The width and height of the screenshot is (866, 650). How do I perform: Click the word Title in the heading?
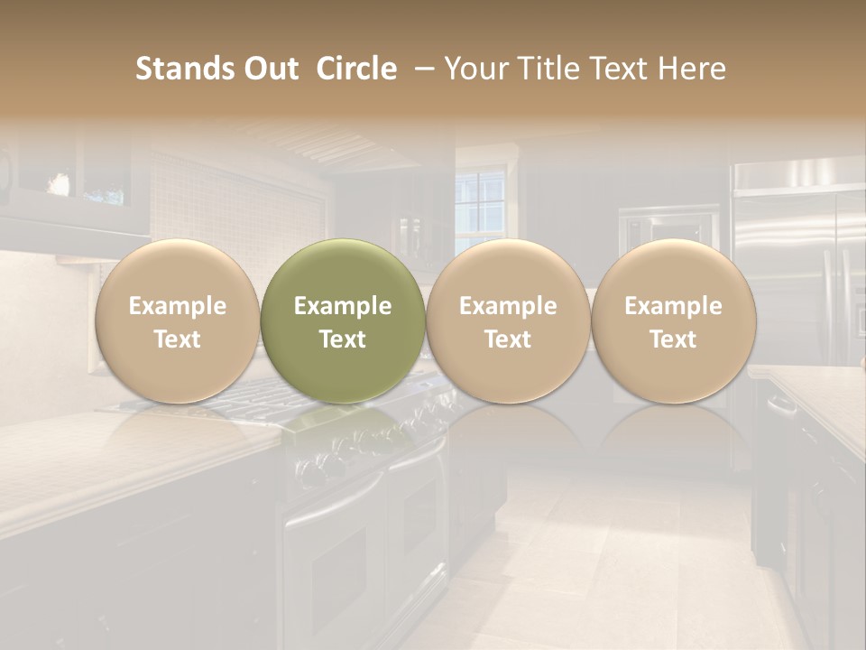tap(547, 69)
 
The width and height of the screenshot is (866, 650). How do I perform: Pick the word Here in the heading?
tap(694, 69)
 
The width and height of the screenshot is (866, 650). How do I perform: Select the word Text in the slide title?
tap(619, 69)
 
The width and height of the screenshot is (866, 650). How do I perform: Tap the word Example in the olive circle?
tap(343, 306)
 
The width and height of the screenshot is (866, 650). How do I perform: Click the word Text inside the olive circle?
tap(343, 339)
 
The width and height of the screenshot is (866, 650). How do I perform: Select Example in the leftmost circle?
tap(178, 306)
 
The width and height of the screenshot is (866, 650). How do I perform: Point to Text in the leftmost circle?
tap(178, 339)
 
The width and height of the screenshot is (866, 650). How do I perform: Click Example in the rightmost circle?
tap(673, 306)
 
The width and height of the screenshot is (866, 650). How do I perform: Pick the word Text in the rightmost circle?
tap(673, 339)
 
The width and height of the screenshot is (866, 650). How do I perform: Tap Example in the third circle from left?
tap(508, 306)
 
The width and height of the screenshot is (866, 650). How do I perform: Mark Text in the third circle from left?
tap(508, 339)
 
